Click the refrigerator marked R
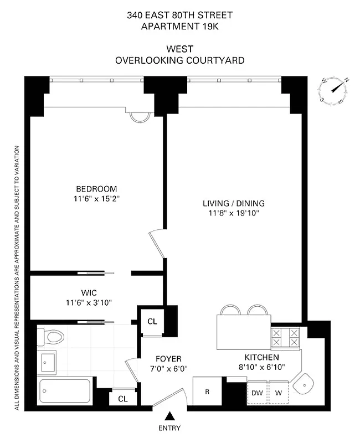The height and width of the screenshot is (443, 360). pos(207,392)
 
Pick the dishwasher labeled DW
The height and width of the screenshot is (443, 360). pos(256,392)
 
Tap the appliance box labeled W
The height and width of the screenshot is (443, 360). pos(278,392)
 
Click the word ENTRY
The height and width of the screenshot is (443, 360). pos(169,428)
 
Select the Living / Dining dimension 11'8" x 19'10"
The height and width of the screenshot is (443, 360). pos(233,213)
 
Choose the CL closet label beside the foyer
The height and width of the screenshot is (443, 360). pos(151,321)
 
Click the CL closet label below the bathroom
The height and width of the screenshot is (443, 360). pos(122,398)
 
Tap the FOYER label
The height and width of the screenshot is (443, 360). pos(168,359)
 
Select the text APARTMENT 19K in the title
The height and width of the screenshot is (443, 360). pos(179,26)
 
